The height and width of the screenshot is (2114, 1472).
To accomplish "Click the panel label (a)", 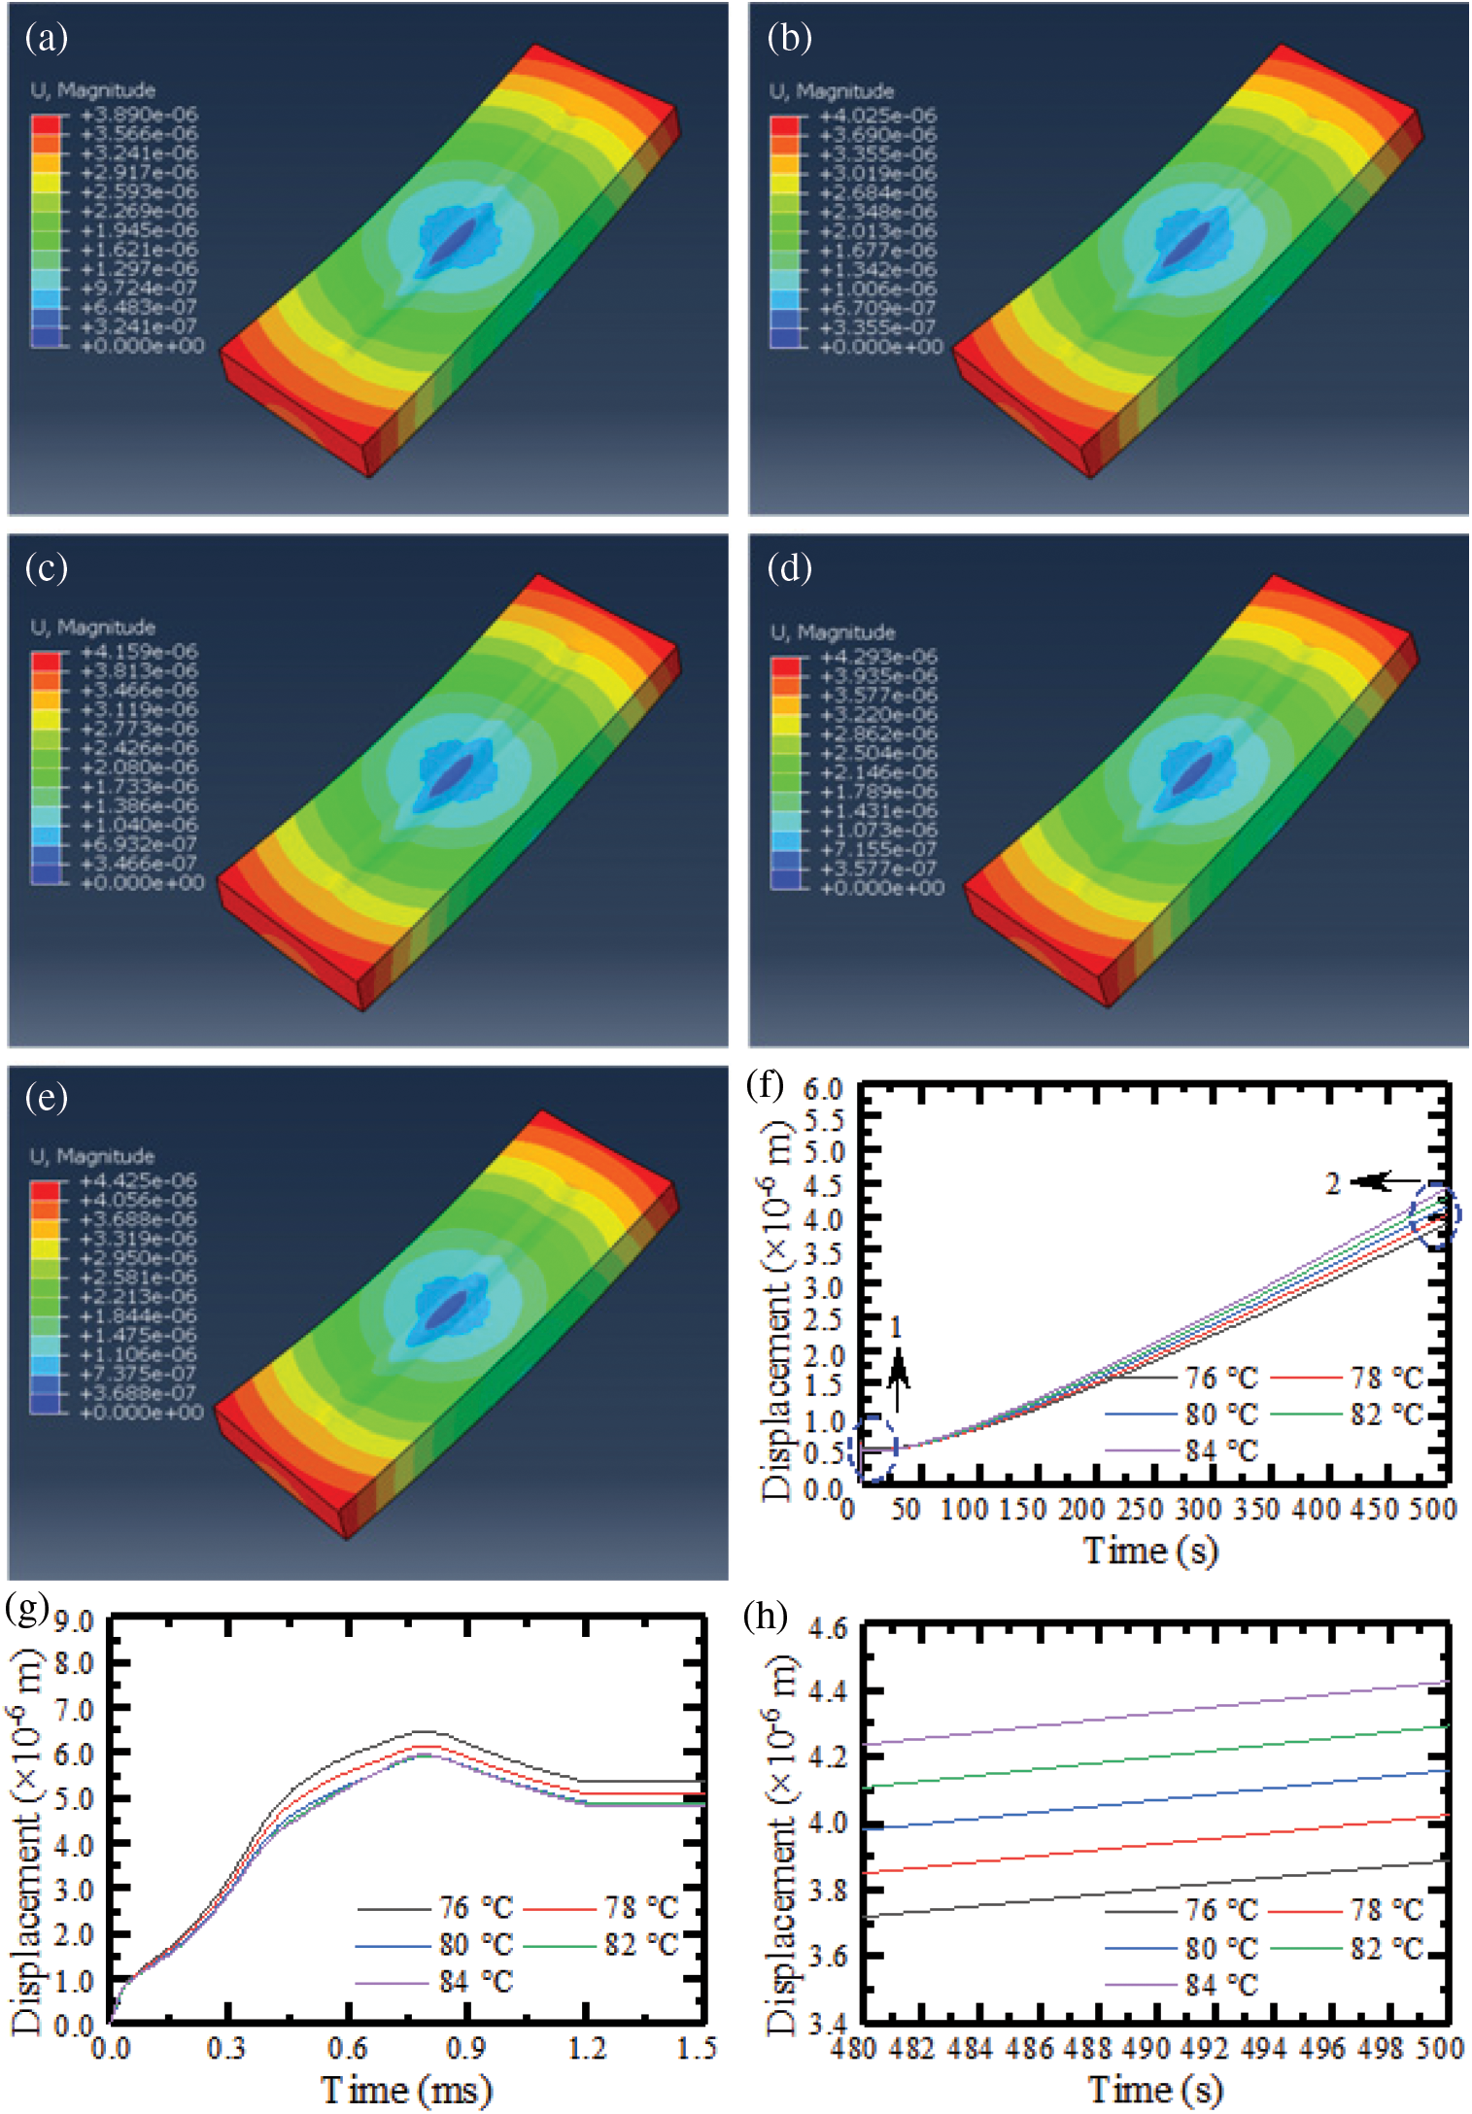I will pyautogui.click(x=46, y=38).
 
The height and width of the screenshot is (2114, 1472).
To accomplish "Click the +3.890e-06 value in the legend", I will pyautogui.click(x=139, y=115).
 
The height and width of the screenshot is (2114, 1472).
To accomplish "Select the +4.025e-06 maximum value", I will pyautogui.click(x=878, y=116).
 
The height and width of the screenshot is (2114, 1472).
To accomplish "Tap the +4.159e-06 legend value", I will pyautogui.click(x=139, y=652).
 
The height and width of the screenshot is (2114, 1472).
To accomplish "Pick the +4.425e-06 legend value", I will pyautogui.click(x=138, y=1180).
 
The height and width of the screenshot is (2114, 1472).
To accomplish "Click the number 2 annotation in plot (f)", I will pyautogui.click(x=1333, y=1183).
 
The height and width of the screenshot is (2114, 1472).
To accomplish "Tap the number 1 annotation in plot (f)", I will pyautogui.click(x=896, y=1327).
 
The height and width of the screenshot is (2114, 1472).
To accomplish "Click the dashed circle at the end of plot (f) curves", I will pyautogui.click(x=1435, y=1215).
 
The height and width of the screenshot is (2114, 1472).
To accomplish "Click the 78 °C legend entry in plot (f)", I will pyautogui.click(x=1386, y=1378).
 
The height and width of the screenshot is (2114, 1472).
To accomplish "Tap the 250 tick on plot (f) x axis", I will pyautogui.click(x=1139, y=1509).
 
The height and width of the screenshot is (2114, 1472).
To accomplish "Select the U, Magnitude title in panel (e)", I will pyautogui.click(x=92, y=1156).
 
